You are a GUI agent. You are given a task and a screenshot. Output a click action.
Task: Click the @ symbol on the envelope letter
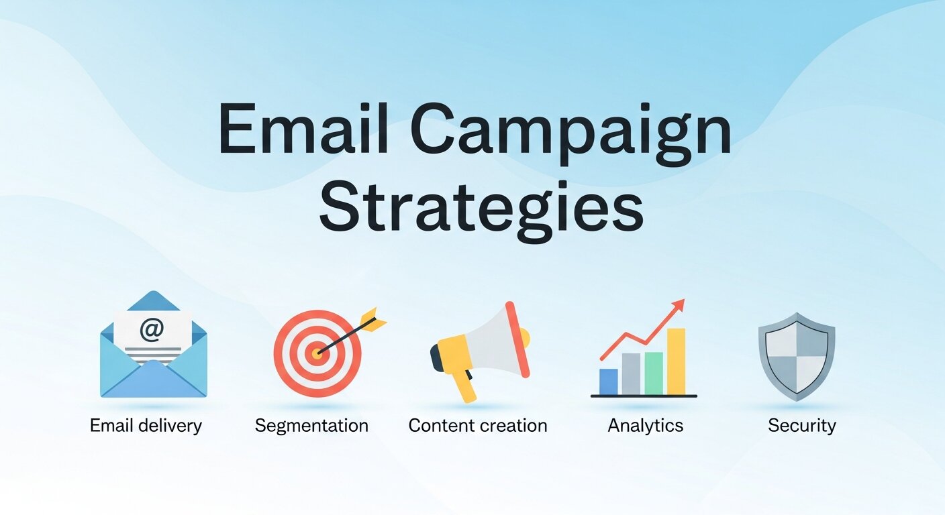tap(152, 330)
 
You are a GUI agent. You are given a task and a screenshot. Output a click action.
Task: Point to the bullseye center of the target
tap(317, 352)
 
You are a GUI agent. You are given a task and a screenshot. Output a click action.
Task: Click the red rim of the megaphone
tap(517, 339)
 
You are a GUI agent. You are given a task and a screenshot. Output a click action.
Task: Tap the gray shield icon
tap(796, 355)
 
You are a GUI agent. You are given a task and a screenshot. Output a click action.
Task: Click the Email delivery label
tap(146, 425)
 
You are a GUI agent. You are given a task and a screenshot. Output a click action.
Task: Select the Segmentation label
tap(311, 426)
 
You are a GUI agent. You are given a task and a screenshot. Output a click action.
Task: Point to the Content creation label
tap(477, 425)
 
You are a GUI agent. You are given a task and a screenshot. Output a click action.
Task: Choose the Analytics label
tap(645, 426)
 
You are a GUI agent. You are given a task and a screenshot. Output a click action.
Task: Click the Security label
tap(801, 425)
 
